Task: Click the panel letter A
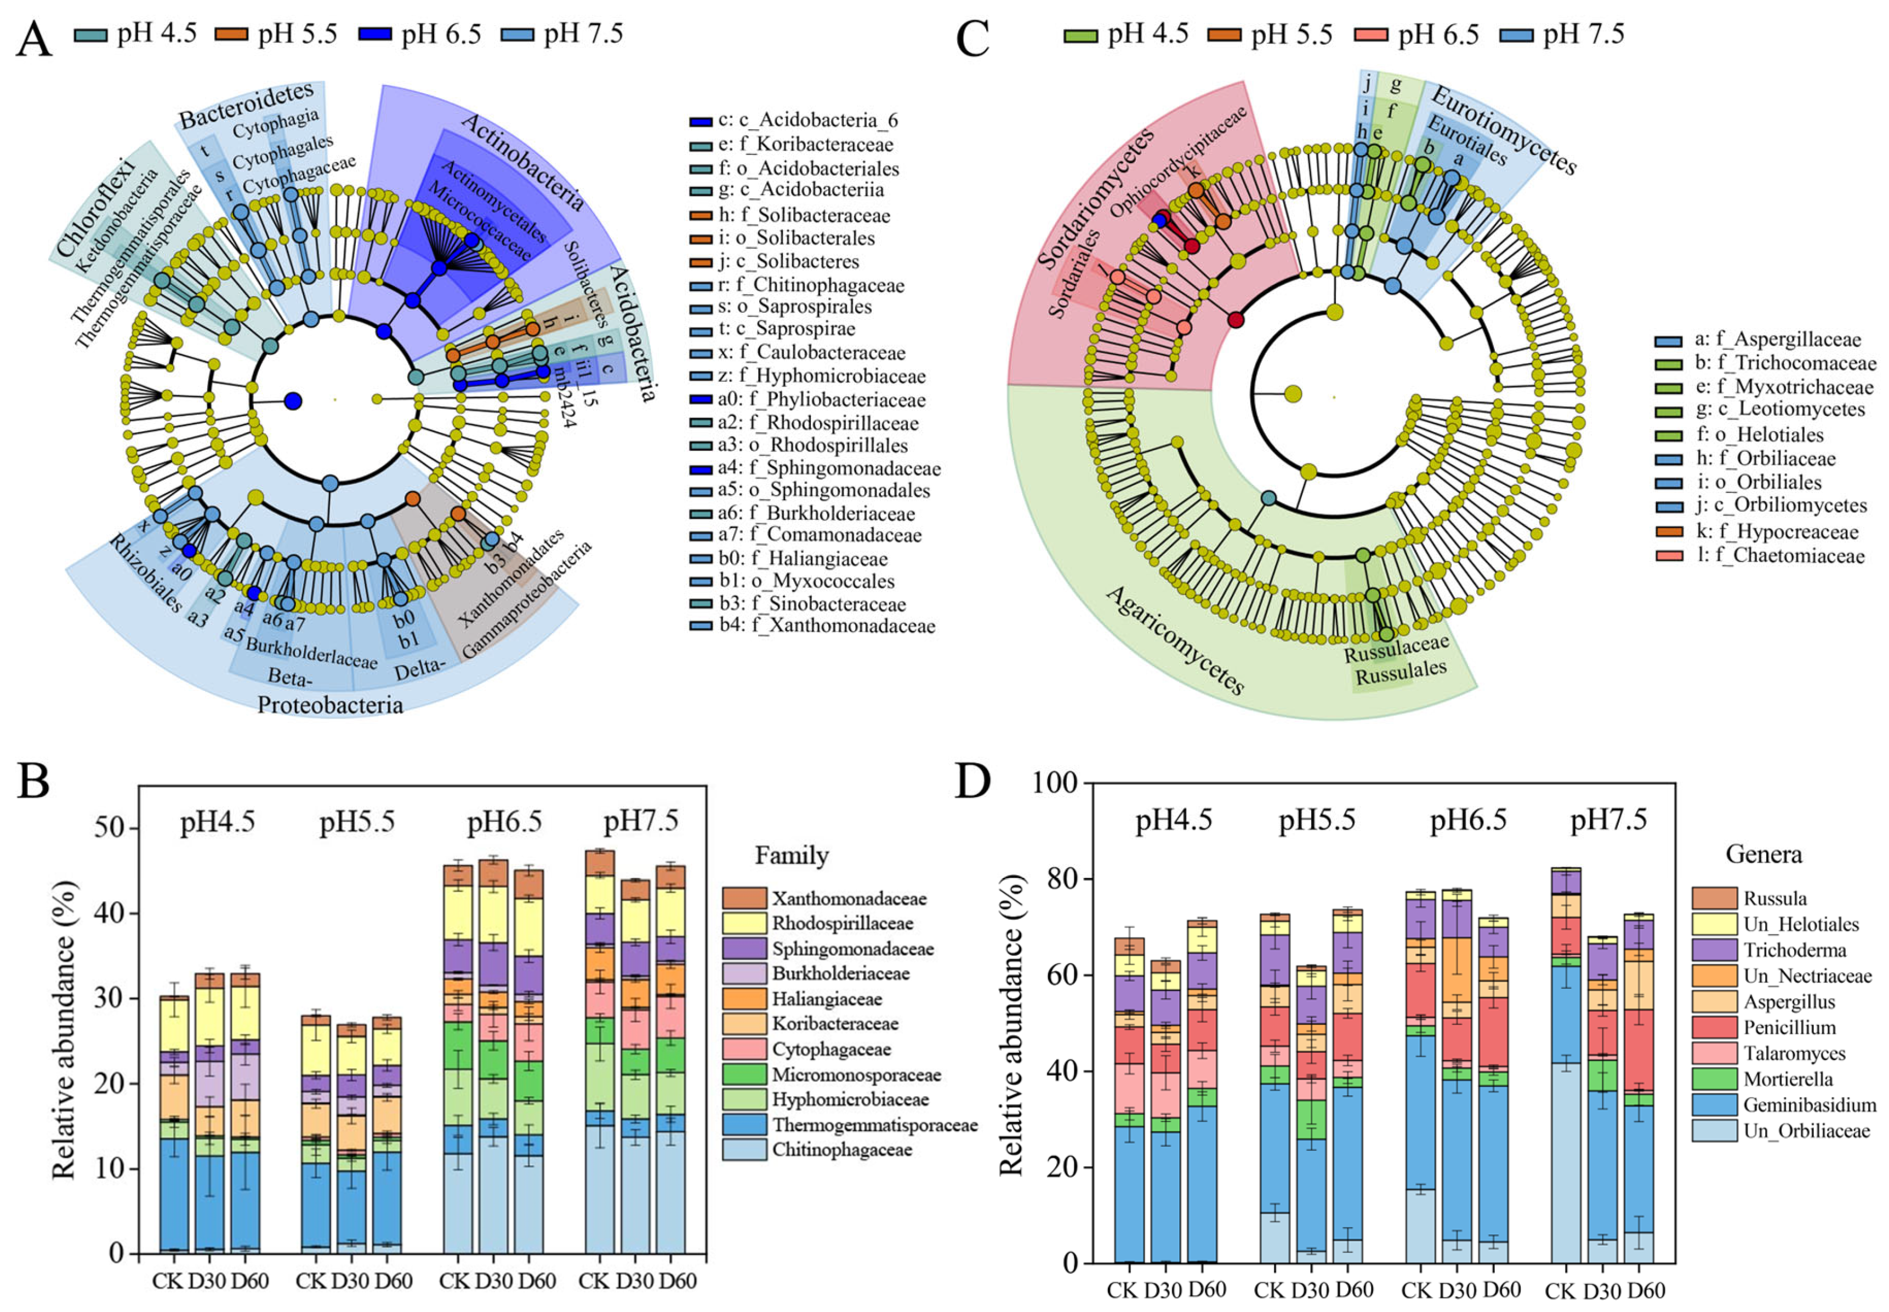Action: point(34,39)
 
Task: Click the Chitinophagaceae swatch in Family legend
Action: point(744,1149)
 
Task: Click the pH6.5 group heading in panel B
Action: point(504,823)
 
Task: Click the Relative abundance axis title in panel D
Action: point(1011,1024)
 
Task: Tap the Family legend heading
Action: point(791,856)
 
